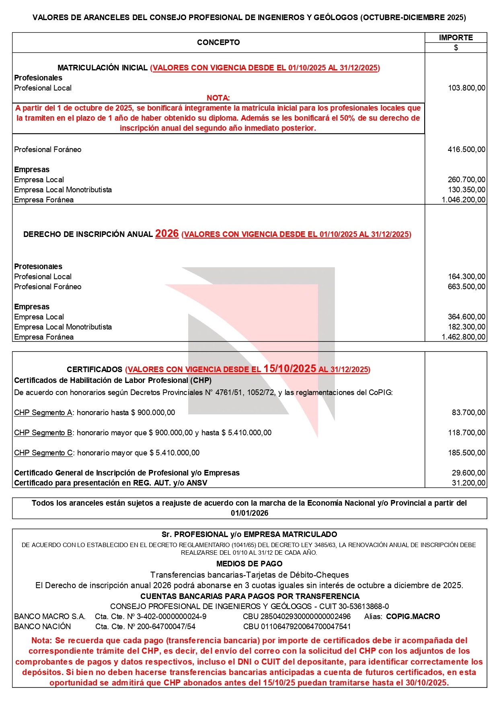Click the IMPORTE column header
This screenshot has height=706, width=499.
coord(456,37)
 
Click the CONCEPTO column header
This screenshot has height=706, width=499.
coord(218,42)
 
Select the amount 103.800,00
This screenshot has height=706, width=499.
coord(466,88)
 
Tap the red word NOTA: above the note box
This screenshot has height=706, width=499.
coord(218,98)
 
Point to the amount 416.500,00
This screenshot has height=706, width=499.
coord(466,149)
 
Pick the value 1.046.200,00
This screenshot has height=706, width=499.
coord(463,200)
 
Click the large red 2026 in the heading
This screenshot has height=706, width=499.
coord(167,233)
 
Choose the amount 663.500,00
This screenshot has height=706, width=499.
coord(466,286)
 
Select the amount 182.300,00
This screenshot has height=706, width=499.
coord(466,327)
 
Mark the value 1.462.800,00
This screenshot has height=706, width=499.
coord(463,337)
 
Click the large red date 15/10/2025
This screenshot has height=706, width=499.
coord(290,368)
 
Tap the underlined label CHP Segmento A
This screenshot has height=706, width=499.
coord(43,412)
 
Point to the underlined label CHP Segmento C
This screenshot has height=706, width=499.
coord(43,453)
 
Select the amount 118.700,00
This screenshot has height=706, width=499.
coord(466,432)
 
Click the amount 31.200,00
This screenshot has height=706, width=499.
coord(468,483)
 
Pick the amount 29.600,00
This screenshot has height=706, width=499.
coord(468,473)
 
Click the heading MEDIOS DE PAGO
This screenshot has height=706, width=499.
coord(249,564)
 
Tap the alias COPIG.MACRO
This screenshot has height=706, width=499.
coord(413,616)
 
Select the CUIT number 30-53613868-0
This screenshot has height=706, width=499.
coord(363,606)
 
